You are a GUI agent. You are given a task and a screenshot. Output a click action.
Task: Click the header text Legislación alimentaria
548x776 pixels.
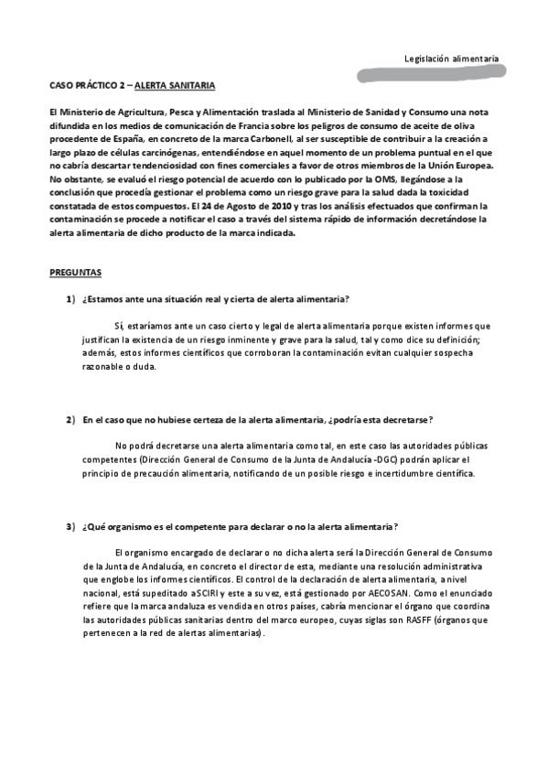(x=451, y=59)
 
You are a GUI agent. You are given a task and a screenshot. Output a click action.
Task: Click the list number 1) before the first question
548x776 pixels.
(x=70, y=300)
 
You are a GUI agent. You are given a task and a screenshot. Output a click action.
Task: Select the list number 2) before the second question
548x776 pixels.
(x=70, y=419)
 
